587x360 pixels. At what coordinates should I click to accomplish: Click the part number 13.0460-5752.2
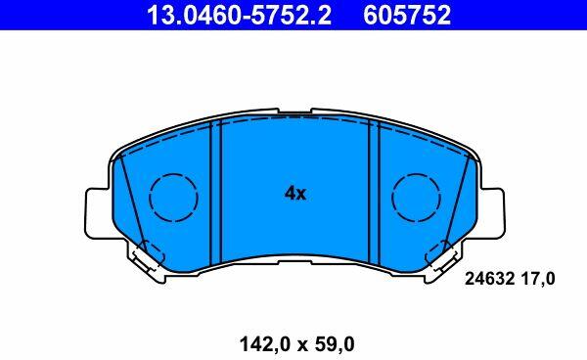click(239, 15)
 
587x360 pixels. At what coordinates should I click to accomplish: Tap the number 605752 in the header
click(407, 15)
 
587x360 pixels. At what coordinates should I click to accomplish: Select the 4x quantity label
click(295, 194)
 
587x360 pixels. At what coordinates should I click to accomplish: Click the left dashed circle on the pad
click(173, 198)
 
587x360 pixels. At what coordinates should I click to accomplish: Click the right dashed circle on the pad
click(416, 198)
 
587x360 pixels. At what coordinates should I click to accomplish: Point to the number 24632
click(489, 279)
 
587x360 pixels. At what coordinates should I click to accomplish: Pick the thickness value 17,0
click(538, 279)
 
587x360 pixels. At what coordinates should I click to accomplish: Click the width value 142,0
click(266, 344)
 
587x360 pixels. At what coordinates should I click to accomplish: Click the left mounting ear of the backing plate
click(99, 213)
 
